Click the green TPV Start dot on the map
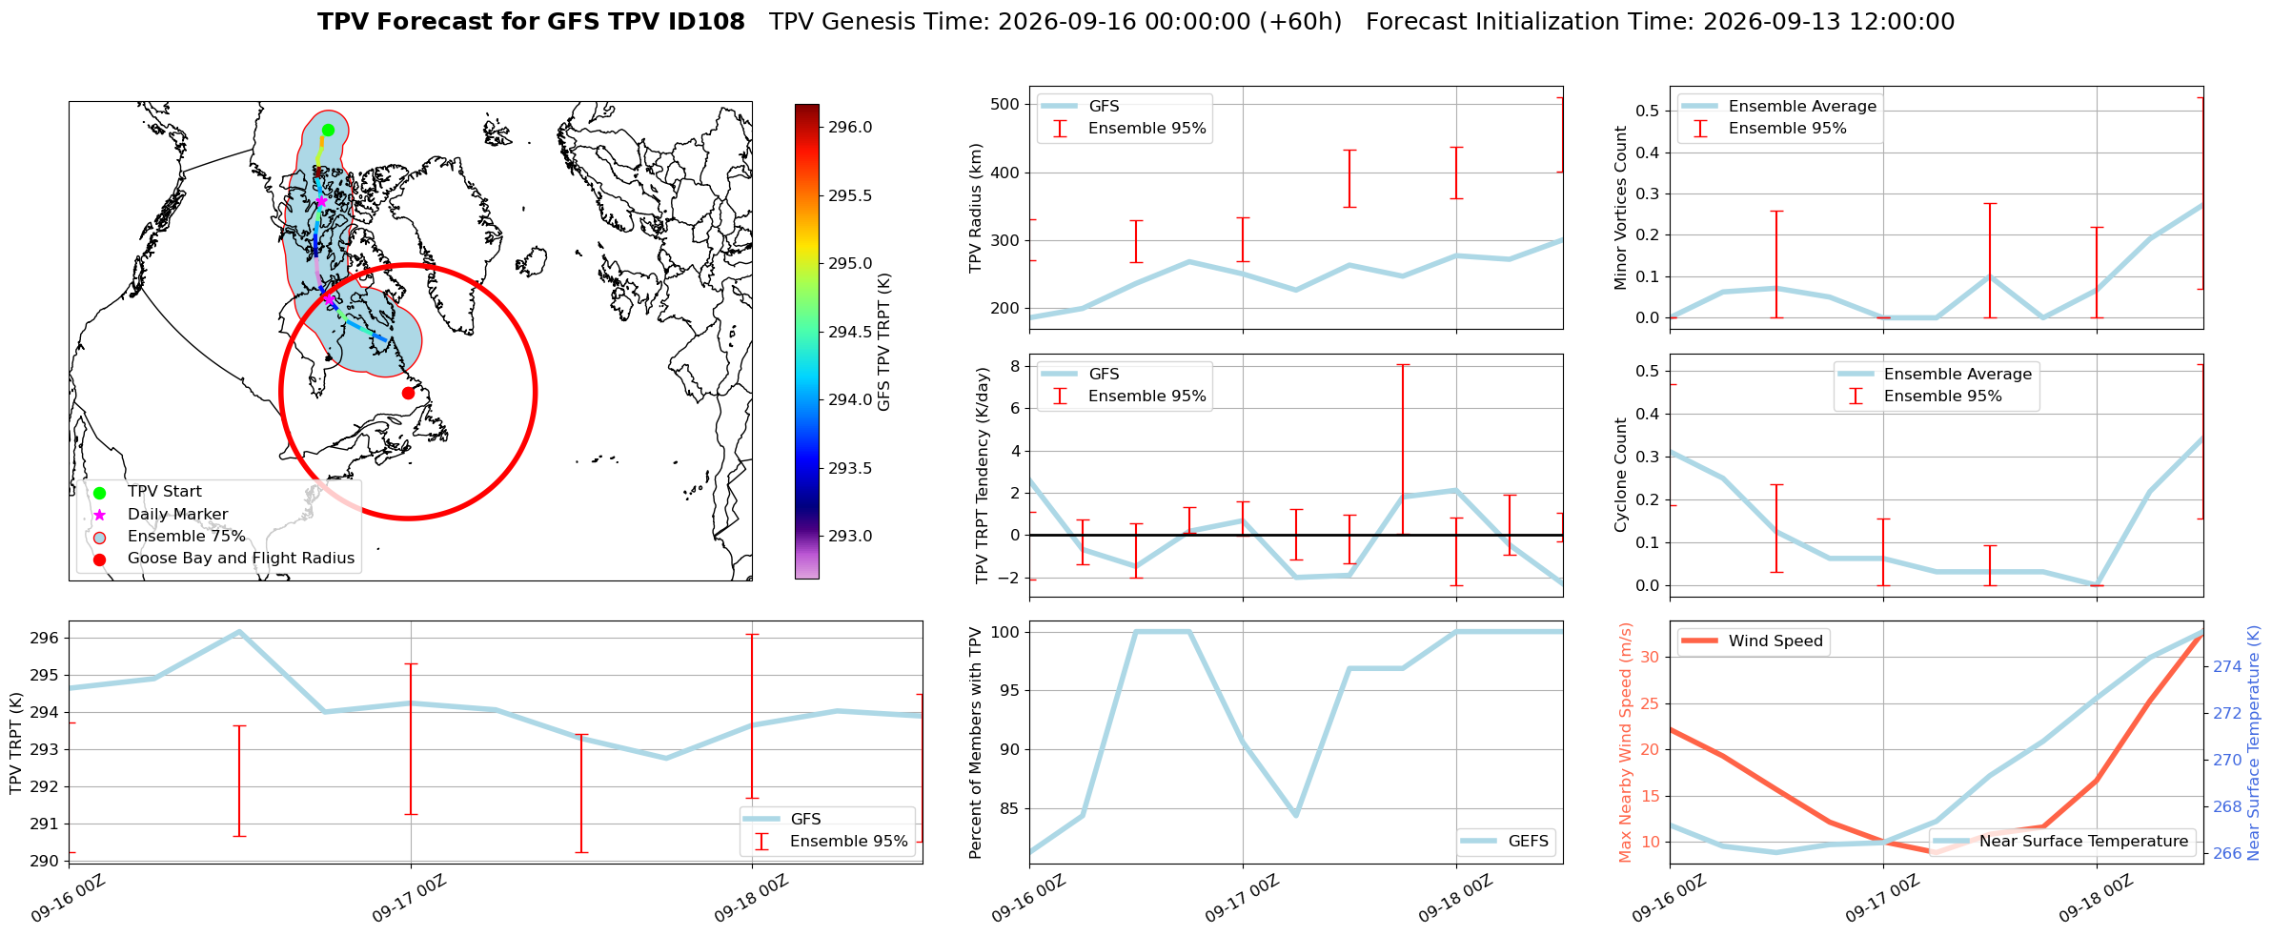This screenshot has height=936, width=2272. [328, 130]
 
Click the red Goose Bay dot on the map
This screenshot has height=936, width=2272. [408, 393]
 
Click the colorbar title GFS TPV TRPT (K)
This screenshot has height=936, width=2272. [884, 341]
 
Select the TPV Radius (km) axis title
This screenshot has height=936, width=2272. [976, 208]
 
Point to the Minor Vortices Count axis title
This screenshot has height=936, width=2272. [1622, 208]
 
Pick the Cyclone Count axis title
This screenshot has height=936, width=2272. [1622, 475]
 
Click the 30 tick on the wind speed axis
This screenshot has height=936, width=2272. [1650, 658]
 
